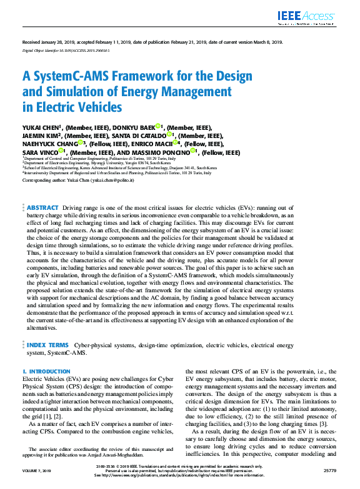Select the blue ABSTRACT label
42,207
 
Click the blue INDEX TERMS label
48,344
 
